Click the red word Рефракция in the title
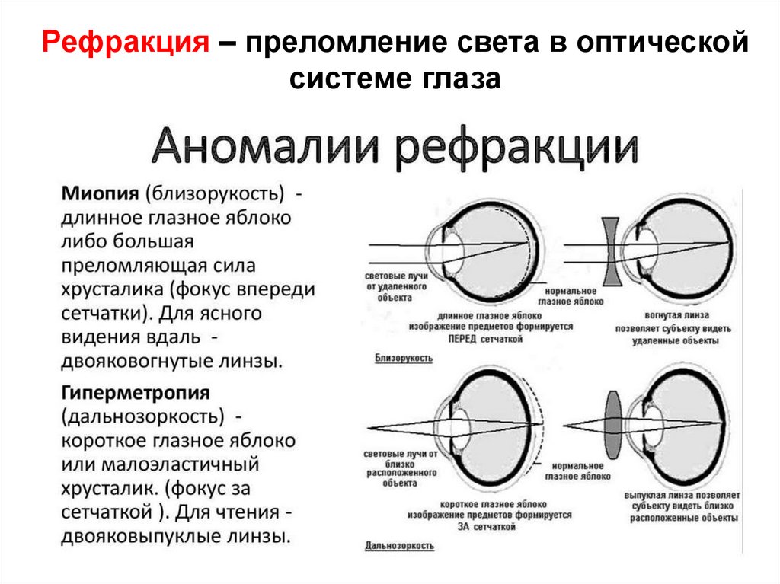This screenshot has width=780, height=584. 126,43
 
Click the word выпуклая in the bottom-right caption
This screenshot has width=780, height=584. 644,495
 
